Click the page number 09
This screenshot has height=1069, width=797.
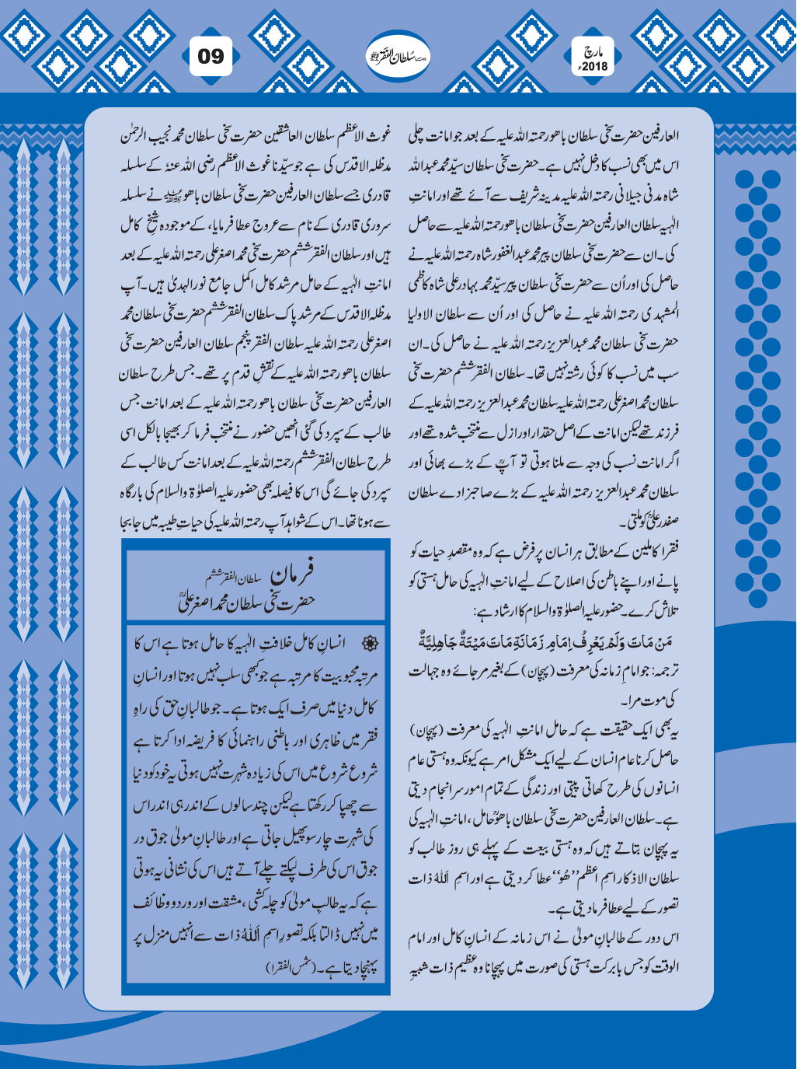(x=211, y=57)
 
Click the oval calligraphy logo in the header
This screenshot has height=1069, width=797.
(x=398, y=57)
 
